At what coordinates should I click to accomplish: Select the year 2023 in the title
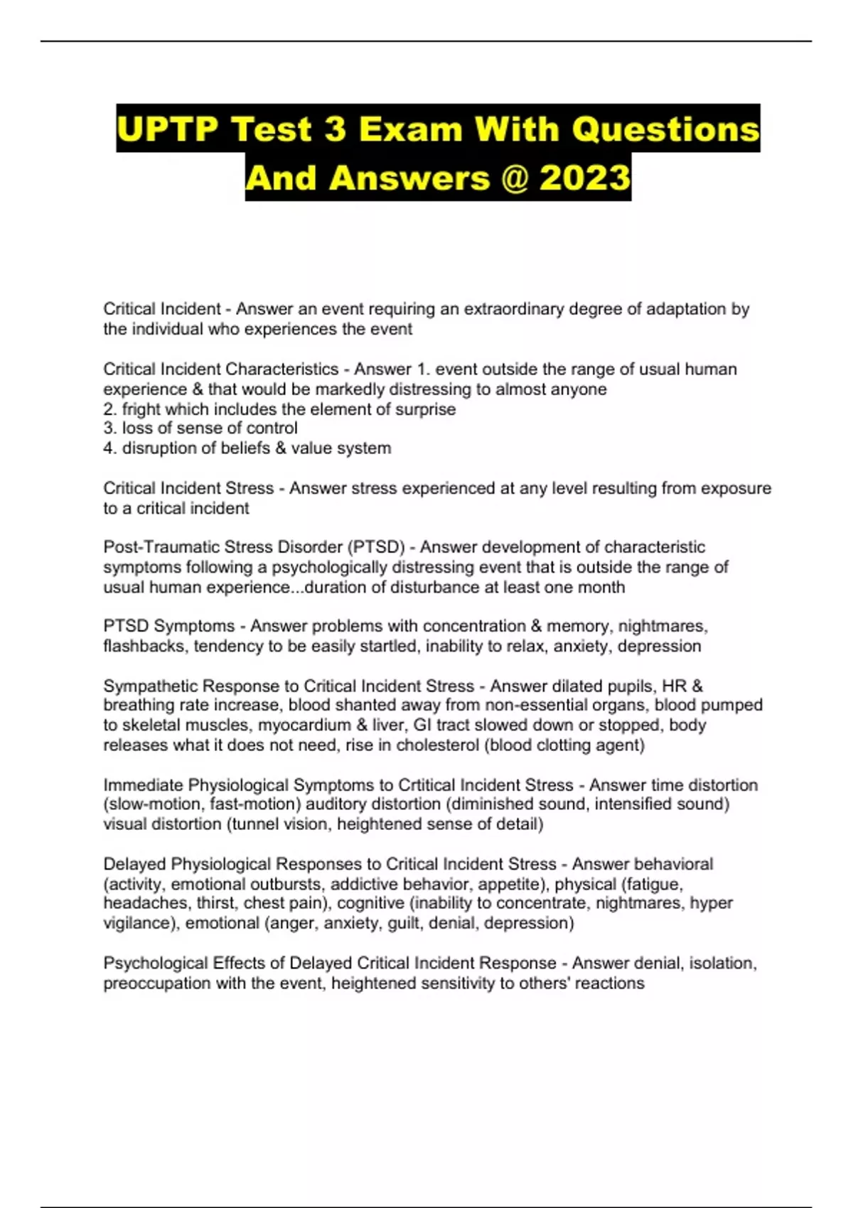pyautogui.click(x=584, y=178)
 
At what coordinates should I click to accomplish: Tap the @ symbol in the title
pyautogui.click(x=515, y=178)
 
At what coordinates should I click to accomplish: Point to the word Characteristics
pyautogui.click(x=281, y=370)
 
